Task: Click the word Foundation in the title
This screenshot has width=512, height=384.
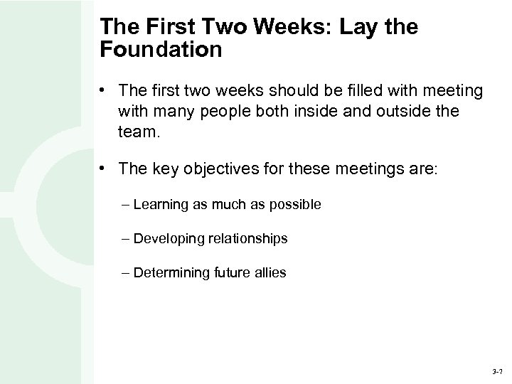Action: [x=161, y=50]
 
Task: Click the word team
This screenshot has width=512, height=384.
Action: [x=139, y=132]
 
